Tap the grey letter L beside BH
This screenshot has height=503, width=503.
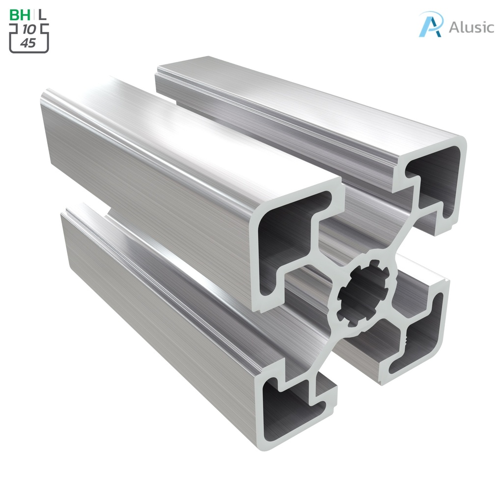[x=43, y=15]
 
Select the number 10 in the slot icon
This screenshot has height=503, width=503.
[x=28, y=30]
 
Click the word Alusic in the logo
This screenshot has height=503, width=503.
[x=471, y=27]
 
